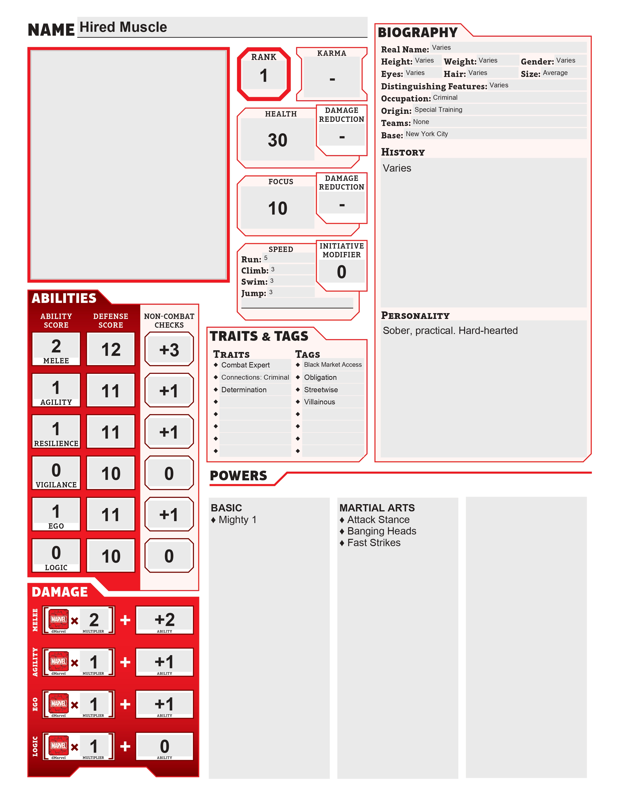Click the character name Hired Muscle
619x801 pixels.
(123, 27)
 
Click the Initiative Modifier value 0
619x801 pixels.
(341, 272)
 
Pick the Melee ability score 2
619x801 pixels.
(56, 346)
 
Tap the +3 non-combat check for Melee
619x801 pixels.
(169, 350)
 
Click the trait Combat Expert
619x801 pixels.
(245, 365)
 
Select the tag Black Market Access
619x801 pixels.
(333, 365)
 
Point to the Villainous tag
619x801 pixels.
(319, 402)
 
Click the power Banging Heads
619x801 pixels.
(381, 531)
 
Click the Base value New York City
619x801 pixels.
(427, 134)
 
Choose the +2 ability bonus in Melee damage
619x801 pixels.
(165, 620)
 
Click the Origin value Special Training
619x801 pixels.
(438, 110)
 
